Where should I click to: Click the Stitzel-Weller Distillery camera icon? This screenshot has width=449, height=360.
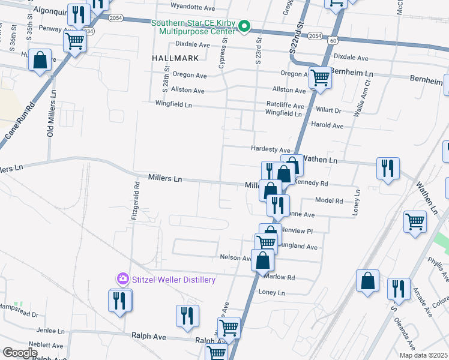coord(122,278)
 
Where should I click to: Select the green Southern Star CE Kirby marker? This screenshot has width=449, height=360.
coord(244,26)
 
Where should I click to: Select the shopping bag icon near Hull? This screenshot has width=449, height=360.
coord(40,61)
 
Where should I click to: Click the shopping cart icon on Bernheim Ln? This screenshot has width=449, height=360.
coord(321,77)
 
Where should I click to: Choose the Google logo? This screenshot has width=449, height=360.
coord(20,353)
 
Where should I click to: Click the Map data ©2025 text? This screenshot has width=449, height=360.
coord(423,355)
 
